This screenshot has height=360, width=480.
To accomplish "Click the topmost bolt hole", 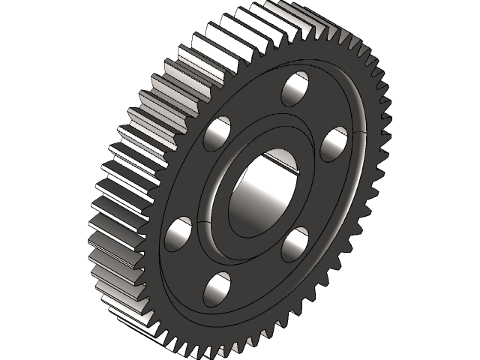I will (295, 88).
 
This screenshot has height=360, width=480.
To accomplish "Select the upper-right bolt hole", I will (334, 142).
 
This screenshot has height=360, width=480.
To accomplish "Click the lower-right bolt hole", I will (295, 244).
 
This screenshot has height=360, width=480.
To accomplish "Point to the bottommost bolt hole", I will (217, 289).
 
